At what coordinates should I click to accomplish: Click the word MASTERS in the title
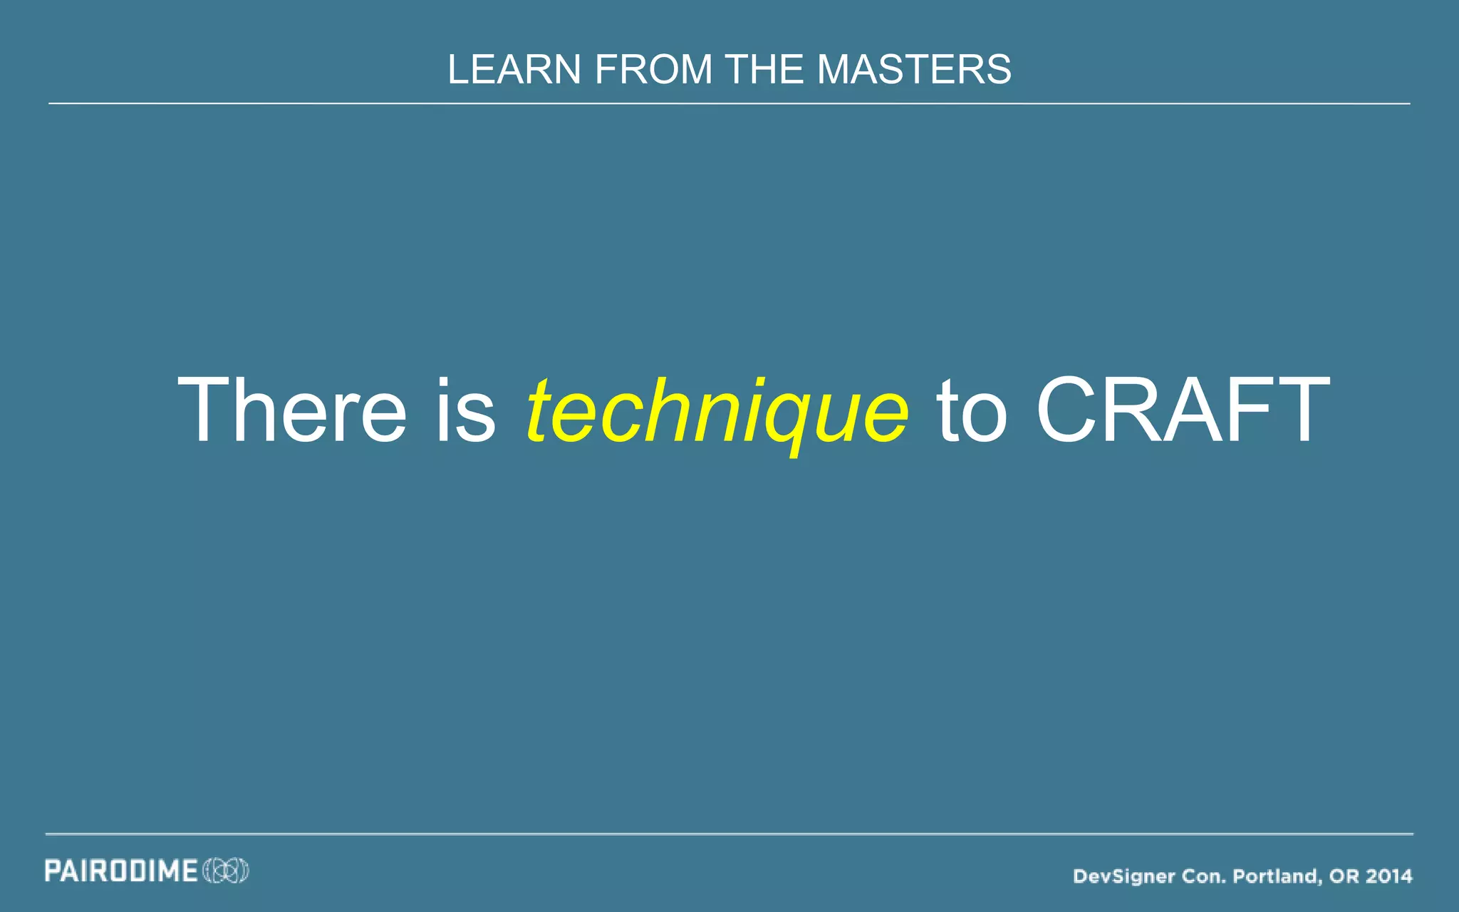coord(913,70)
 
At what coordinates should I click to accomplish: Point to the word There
coord(292,410)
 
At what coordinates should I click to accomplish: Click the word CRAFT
coord(1183,410)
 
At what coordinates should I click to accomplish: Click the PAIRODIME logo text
coord(121,871)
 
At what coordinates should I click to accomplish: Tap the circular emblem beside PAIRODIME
coord(226,871)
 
